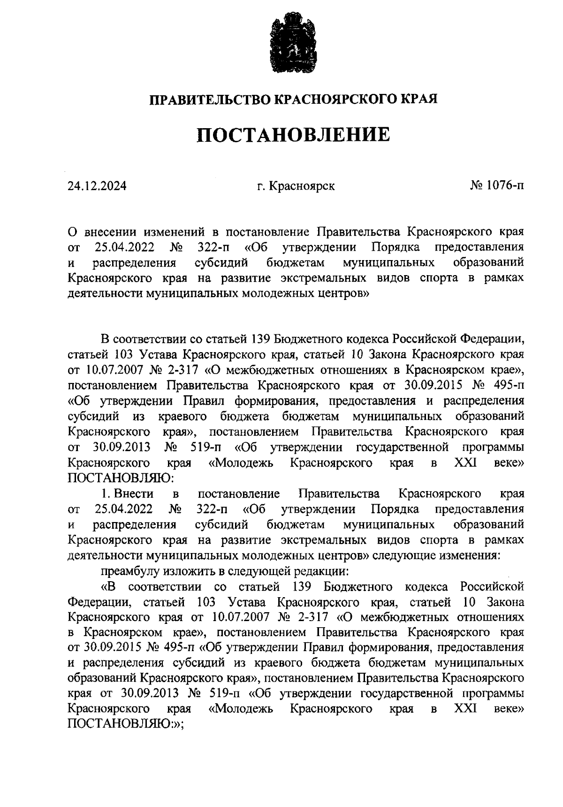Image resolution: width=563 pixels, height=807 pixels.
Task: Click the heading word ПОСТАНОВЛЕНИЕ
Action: coord(293,135)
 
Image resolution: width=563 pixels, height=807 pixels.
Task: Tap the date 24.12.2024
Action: coord(97,186)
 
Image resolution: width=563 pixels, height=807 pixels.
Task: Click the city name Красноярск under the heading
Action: coord(302,186)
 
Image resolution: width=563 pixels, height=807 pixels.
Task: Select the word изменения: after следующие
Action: coord(471,555)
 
